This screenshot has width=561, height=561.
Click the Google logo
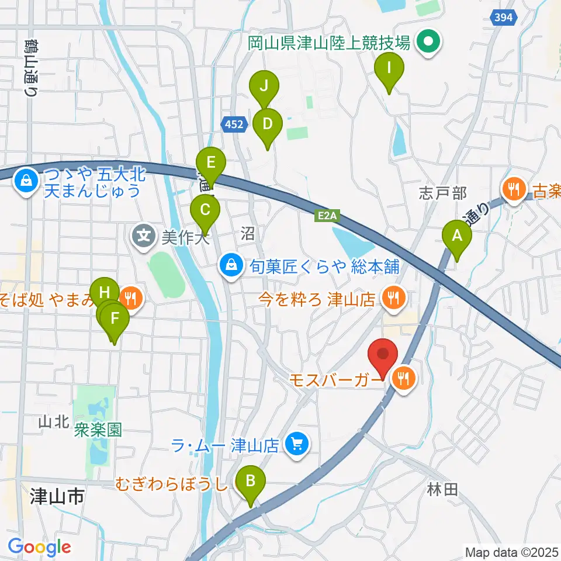(39, 547)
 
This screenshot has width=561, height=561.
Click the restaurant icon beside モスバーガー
(404, 379)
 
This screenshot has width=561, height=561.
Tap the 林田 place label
(442, 489)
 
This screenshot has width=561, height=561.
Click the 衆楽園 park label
(98, 431)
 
